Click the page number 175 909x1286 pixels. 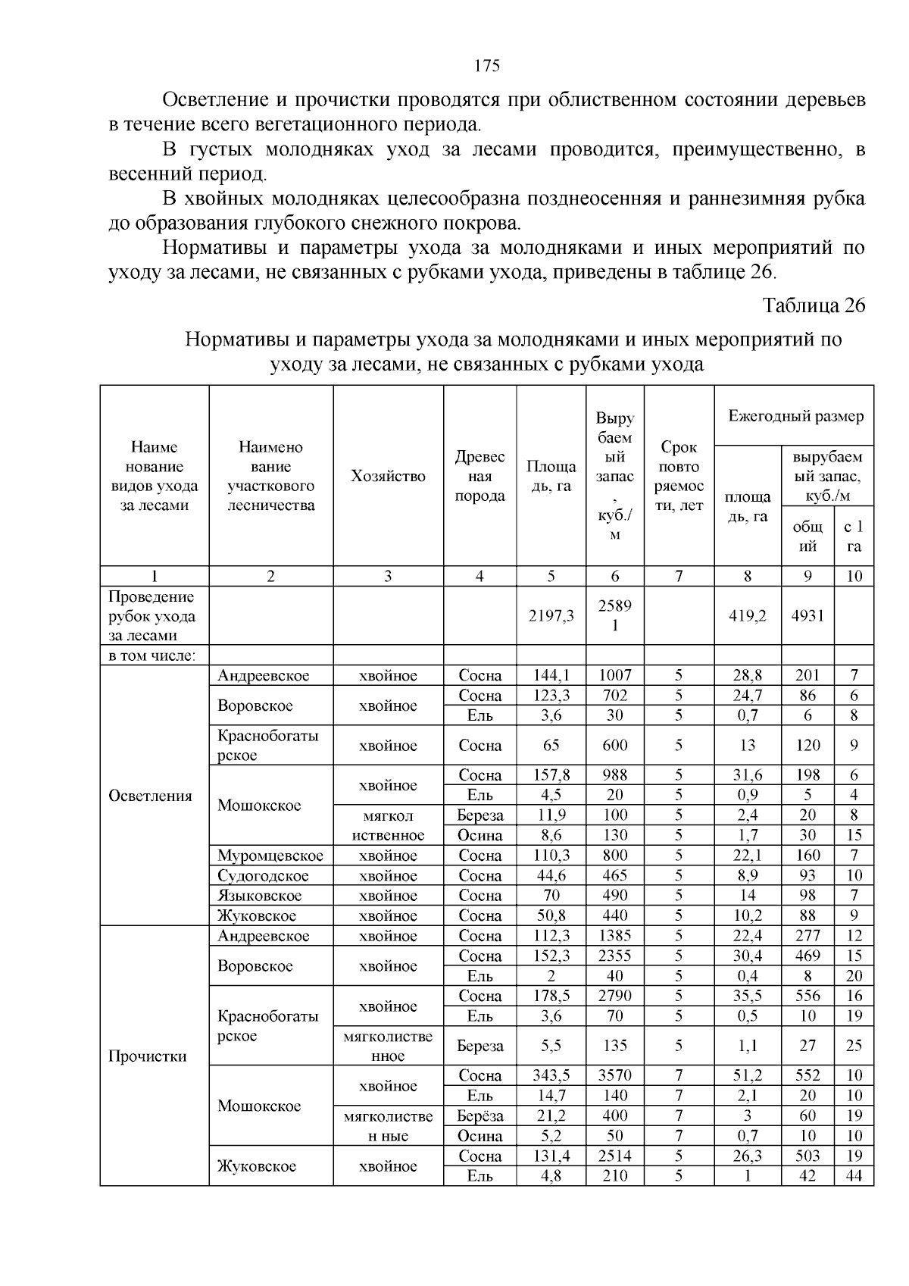pyautogui.click(x=487, y=66)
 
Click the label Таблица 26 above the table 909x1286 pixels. pyautogui.click(x=813, y=305)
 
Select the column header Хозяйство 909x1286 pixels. pyautogui.click(x=388, y=476)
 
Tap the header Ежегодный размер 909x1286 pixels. pyautogui.click(x=795, y=416)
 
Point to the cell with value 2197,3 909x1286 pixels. pyautogui.click(x=551, y=616)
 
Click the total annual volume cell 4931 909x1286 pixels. pyautogui.click(x=807, y=616)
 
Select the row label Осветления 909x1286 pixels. pyautogui.click(x=151, y=796)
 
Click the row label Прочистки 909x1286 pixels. pyautogui.click(x=148, y=1056)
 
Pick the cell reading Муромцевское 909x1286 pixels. pyautogui.click(x=270, y=856)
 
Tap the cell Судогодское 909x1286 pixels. pyautogui.click(x=263, y=876)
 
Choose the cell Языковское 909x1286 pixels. pyautogui.click(x=259, y=896)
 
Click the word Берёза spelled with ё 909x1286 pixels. pyautogui.click(x=480, y=1116)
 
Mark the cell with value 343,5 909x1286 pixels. pyautogui.click(x=551, y=1076)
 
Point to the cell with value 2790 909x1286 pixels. pyautogui.click(x=614, y=996)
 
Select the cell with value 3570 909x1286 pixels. pyautogui.click(x=614, y=1076)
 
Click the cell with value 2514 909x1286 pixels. pyautogui.click(x=614, y=1156)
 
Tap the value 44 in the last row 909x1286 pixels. pyautogui.click(x=854, y=1176)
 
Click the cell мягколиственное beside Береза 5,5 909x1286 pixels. pyautogui.click(x=388, y=1046)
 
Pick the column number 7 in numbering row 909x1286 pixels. pyautogui.click(x=679, y=576)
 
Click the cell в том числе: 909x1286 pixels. pyautogui.click(x=152, y=656)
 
